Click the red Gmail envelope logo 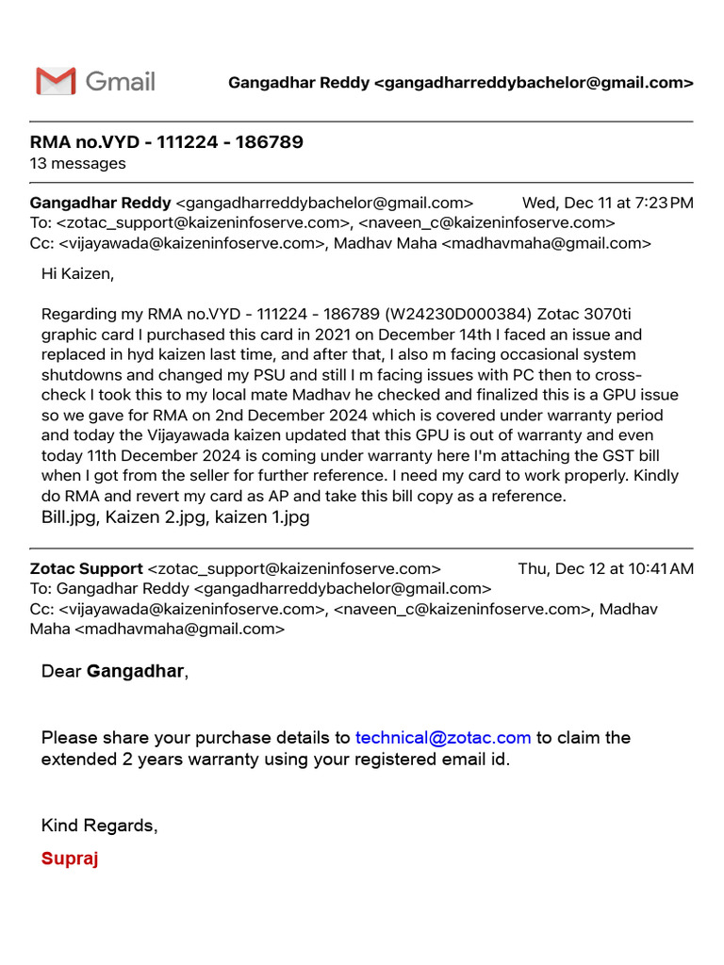tap(56, 81)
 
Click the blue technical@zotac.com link tap(442, 737)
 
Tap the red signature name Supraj tap(70, 859)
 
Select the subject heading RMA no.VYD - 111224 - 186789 tap(167, 142)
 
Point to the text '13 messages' tap(77, 163)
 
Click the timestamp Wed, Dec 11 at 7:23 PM tap(607, 203)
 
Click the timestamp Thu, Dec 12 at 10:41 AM tap(605, 568)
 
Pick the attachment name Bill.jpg tap(71, 516)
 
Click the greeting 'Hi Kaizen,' tap(77, 274)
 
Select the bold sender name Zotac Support tap(87, 568)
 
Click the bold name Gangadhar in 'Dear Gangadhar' tap(136, 671)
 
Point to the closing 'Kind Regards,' tap(99, 826)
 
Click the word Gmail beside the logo tap(120, 81)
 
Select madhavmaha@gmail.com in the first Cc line tap(546, 242)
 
